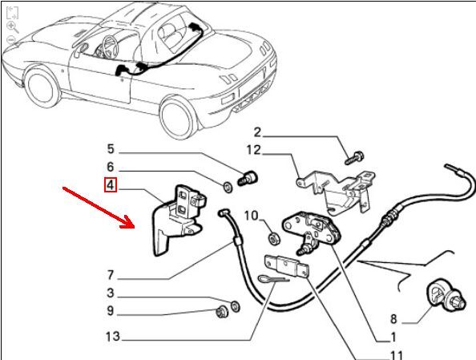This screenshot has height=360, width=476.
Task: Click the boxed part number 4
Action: click(110, 184)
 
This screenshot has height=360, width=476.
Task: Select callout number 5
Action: click(111, 149)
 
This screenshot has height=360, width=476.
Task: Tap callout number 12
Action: click(253, 150)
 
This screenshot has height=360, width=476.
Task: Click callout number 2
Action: click(257, 132)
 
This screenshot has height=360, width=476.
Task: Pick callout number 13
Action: click(113, 336)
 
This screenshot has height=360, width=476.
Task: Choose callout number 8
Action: click(393, 318)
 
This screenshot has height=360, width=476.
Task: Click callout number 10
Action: click(252, 216)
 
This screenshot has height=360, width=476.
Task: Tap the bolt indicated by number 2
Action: click(354, 158)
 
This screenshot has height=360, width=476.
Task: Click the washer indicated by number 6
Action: click(228, 187)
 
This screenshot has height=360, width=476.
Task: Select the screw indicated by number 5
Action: click(248, 178)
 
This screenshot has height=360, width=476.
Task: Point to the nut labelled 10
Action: click(274, 238)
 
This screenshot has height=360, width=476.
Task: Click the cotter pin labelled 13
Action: click(273, 279)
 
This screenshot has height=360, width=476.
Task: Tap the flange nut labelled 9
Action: click(220, 312)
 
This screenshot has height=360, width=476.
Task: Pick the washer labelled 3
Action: click(236, 305)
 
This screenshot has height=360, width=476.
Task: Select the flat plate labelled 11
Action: click(287, 266)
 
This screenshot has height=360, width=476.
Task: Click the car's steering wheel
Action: click(111, 47)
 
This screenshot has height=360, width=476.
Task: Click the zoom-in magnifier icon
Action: click(13, 27)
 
